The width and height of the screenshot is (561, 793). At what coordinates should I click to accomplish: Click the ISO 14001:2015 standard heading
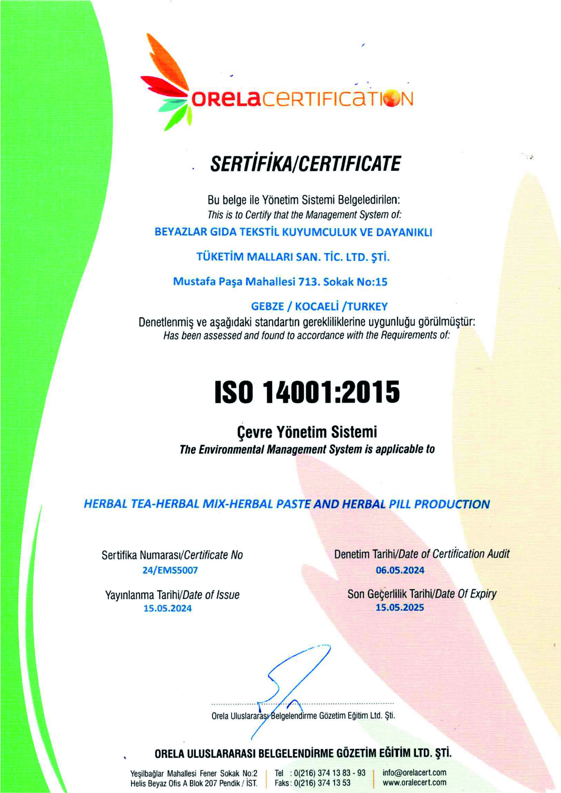pyautogui.click(x=307, y=392)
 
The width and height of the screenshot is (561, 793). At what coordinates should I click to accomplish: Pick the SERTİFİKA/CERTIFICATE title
pyautogui.click(x=305, y=164)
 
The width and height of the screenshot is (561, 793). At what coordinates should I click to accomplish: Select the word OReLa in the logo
pyautogui.click(x=225, y=99)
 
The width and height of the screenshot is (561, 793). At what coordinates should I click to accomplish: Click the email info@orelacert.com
pyautogui.click(x=414, y=773)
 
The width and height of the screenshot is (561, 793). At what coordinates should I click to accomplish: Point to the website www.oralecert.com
pyautogui.click(x=414, y=782)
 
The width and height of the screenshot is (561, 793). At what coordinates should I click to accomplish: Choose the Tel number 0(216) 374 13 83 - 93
pyautogui.click(x=330, y=773)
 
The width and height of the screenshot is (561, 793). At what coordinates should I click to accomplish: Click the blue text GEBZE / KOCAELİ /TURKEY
pyautogui.click(x=319, y=306)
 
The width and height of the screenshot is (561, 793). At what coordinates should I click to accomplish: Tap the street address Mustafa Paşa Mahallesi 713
pyautogui.click(x=280, y=282)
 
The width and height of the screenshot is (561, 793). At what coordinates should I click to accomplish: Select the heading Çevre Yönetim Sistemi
pyautogui.click(x=307, y=432)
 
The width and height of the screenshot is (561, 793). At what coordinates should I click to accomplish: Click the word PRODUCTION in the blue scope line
pyautogui.click(x=452, y=504)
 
